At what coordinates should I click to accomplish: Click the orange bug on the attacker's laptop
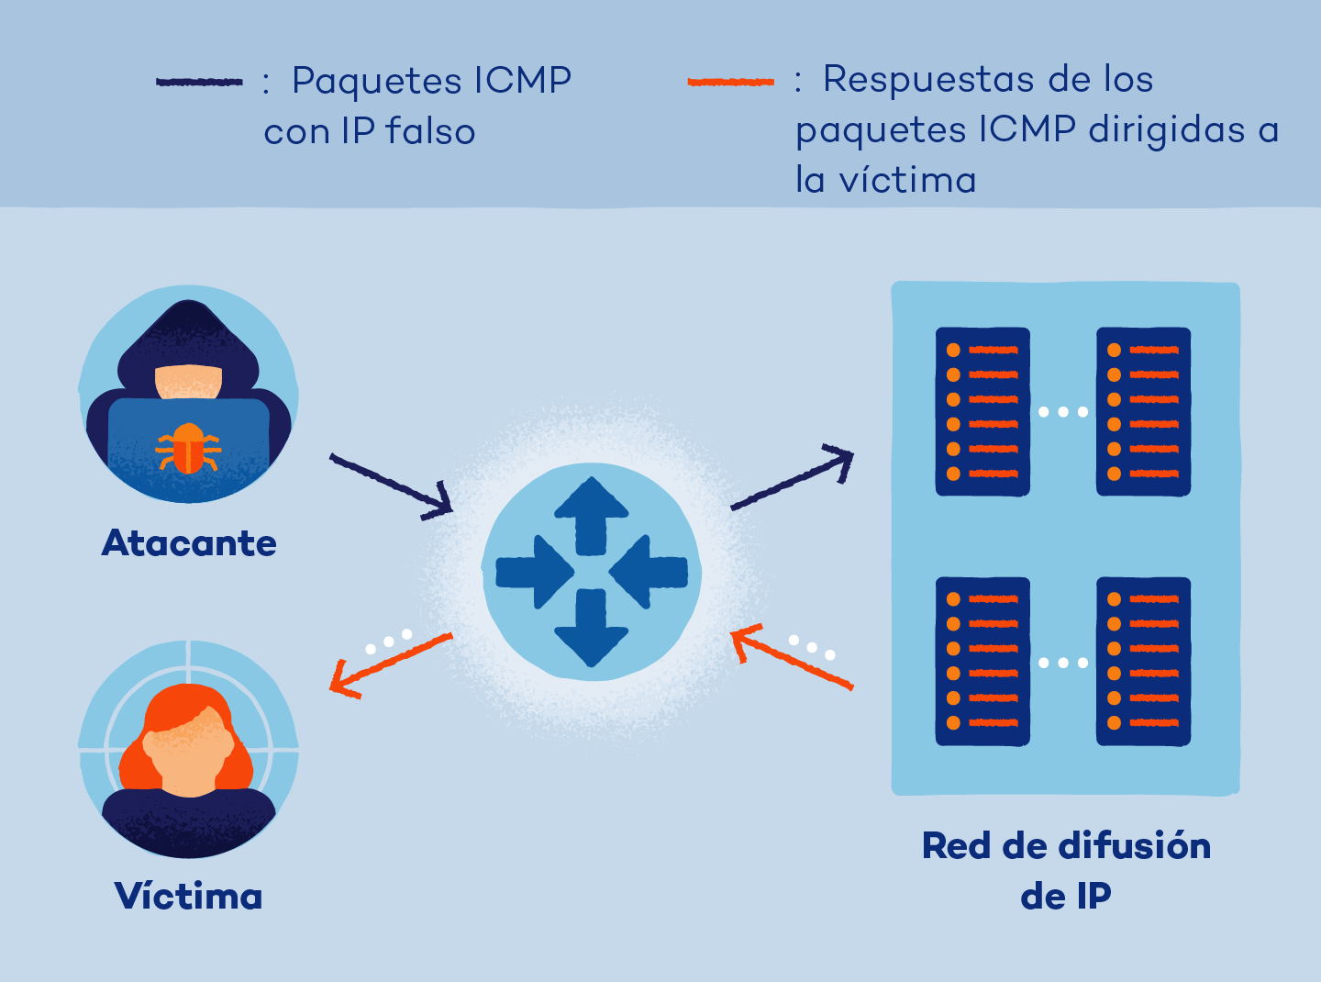coord(188,449)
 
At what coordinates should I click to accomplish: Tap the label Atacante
coord(189,542)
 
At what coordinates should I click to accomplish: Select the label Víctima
coord(188,895)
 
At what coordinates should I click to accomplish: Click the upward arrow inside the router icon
coord(591,516)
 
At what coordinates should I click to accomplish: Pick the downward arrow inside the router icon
coord(591,628)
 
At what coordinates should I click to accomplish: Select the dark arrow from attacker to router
coord(392,486)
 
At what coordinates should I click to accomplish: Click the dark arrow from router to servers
coord(793,476)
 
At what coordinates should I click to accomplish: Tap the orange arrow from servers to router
coord(792,656)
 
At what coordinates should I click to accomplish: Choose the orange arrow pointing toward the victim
coord(392,665)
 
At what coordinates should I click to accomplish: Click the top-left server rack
coord(982,411)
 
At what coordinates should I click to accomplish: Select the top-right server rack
coord(1144,411)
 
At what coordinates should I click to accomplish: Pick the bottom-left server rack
coord(982,661)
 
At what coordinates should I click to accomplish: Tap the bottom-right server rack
coord(1144,661)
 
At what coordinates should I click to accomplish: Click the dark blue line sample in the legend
coord(199,82)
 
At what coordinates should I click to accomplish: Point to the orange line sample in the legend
coord(731,82)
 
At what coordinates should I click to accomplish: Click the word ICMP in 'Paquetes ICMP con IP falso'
coord(523,81)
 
